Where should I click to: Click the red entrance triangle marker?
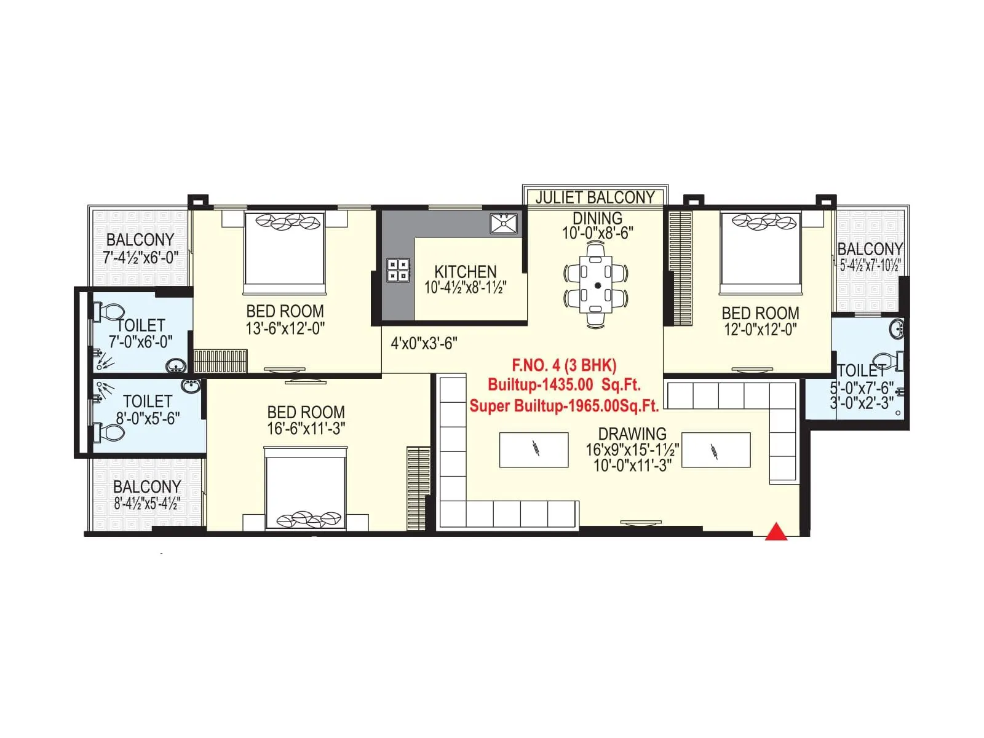pos(776,532)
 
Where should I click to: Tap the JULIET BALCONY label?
pos(595,197)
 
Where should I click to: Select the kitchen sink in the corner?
pos(504,223)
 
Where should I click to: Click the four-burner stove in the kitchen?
pos(398,270)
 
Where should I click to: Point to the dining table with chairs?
pos(596,285)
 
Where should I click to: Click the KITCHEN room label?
pos(466,271)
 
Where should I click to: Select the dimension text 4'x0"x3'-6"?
pos(424,343)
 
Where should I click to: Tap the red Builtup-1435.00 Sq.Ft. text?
pos(563,385)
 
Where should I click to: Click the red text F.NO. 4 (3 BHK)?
pos(563,365)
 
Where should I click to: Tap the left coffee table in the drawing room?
pos(534,450)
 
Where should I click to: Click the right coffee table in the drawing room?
pos(716,450)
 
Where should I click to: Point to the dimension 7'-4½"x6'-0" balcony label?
pos(140,258)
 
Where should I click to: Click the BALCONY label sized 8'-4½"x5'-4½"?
pos(147,486)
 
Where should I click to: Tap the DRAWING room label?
pos(632,434)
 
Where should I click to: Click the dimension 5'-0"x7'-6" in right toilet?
pos(861,389)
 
